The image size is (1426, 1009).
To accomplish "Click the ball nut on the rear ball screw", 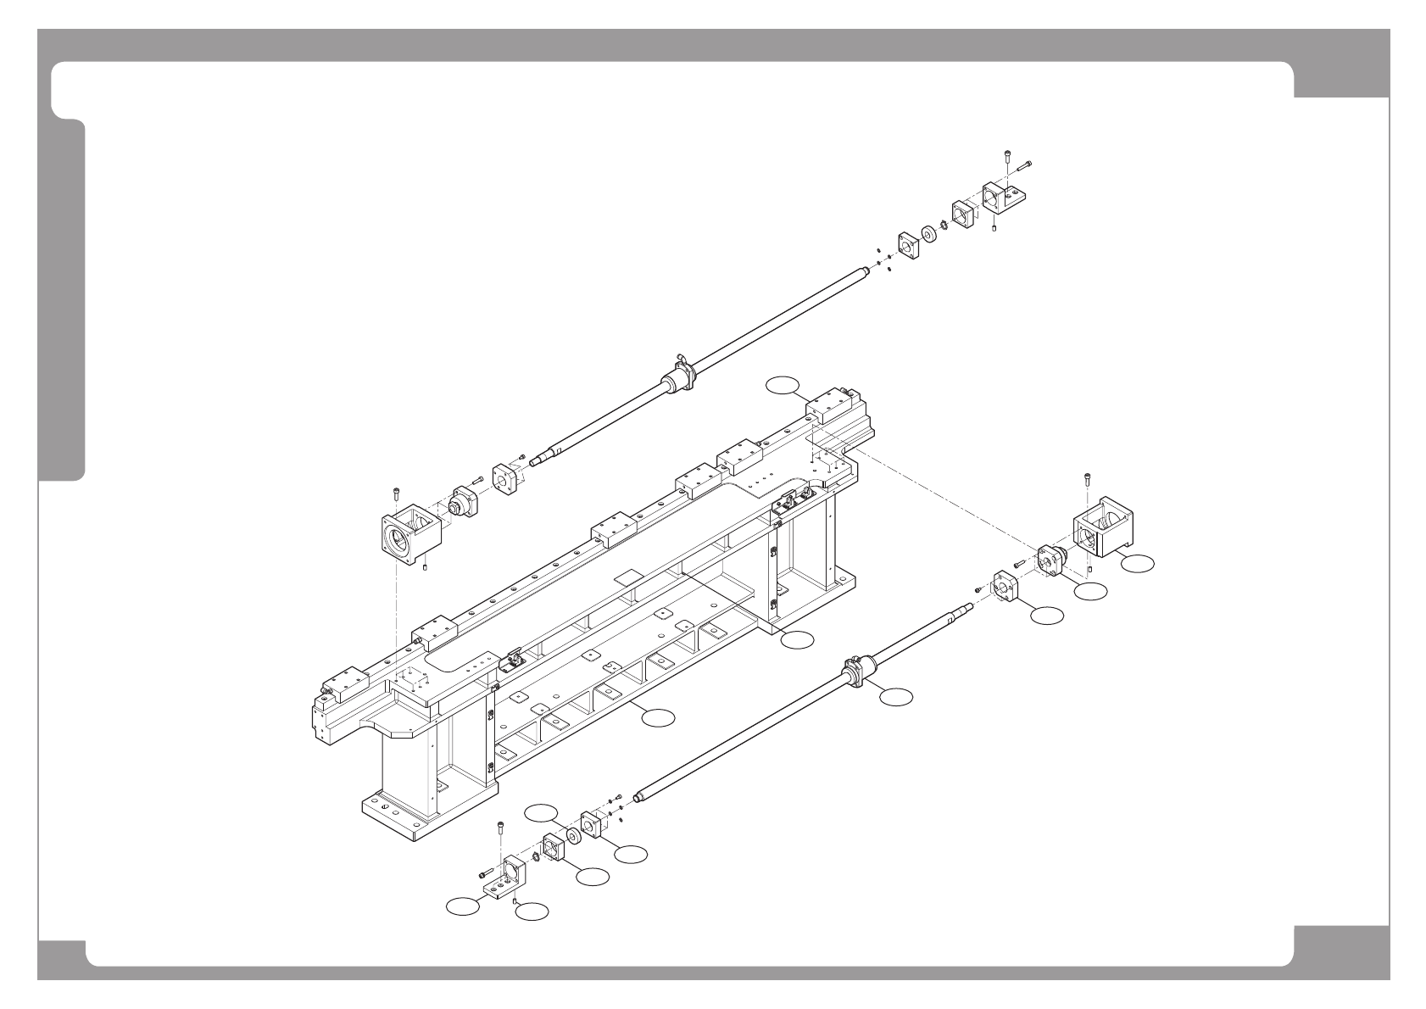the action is point(678,376).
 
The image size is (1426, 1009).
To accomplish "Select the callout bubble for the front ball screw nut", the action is point(896,697).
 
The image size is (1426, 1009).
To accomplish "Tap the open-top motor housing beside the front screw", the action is point(1104,527).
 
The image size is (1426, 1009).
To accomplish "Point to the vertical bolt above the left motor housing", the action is point(396,493).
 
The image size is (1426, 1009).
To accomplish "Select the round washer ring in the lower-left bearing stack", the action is point(573,837).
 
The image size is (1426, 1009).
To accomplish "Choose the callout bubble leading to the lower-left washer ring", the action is point(541,812).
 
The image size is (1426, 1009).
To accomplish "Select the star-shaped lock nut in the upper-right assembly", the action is point(944,226).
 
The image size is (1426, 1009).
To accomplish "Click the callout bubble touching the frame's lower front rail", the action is point(658,718).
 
